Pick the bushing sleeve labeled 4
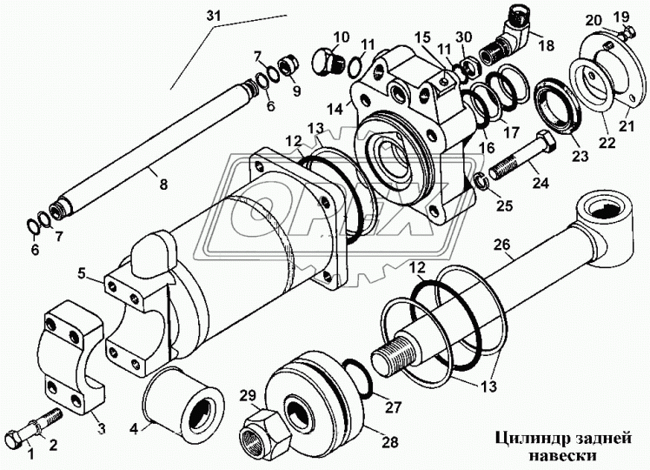(183, 401)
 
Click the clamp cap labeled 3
(73, 356)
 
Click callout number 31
(213, 16)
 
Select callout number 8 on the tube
(163, 184)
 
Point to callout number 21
(627, 124)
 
